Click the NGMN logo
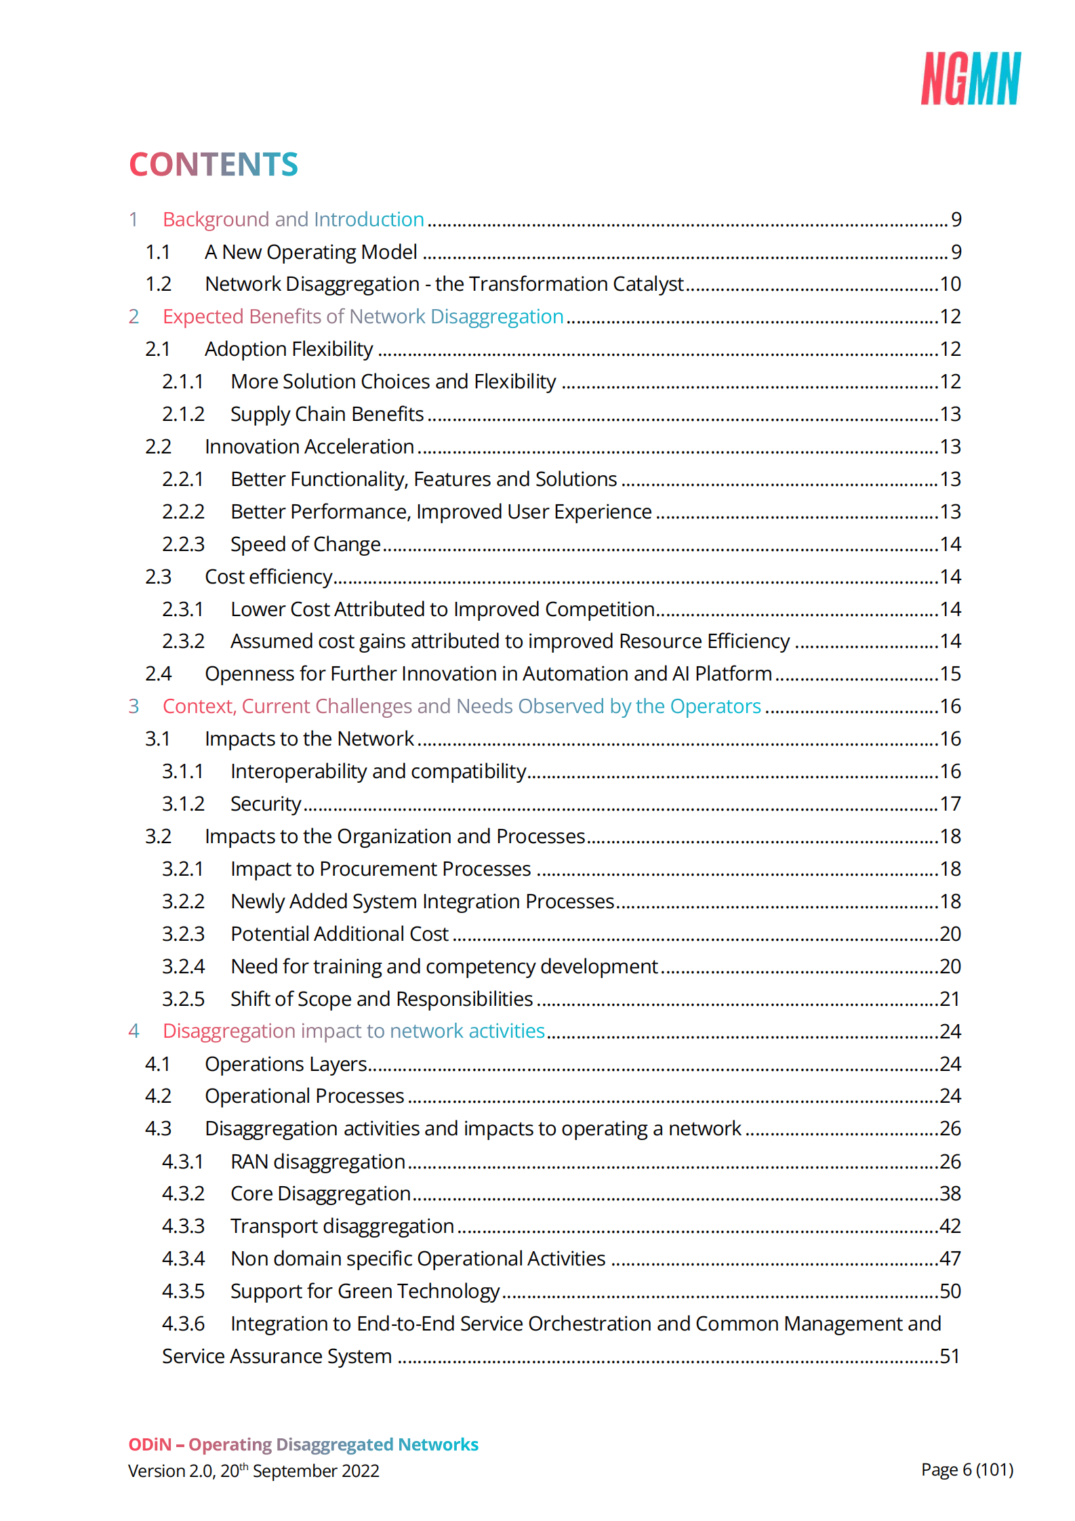970,79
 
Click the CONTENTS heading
214,165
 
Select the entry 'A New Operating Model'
310,252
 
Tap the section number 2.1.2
183,414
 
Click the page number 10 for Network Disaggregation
950,284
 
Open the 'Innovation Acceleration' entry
309,447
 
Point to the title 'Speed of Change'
305,544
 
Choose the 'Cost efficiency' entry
268,577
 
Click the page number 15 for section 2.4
950,674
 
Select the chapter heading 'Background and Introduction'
293,220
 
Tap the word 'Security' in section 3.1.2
265,804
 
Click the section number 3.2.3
183,934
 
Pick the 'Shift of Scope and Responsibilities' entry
381,999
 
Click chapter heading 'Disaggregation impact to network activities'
353,1031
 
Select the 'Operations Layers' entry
285,1064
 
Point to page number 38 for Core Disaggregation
950,1194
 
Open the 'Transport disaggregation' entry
342,1226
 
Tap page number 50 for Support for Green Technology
950,1291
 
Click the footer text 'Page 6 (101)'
967,1469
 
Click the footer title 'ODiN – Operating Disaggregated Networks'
303,1444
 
